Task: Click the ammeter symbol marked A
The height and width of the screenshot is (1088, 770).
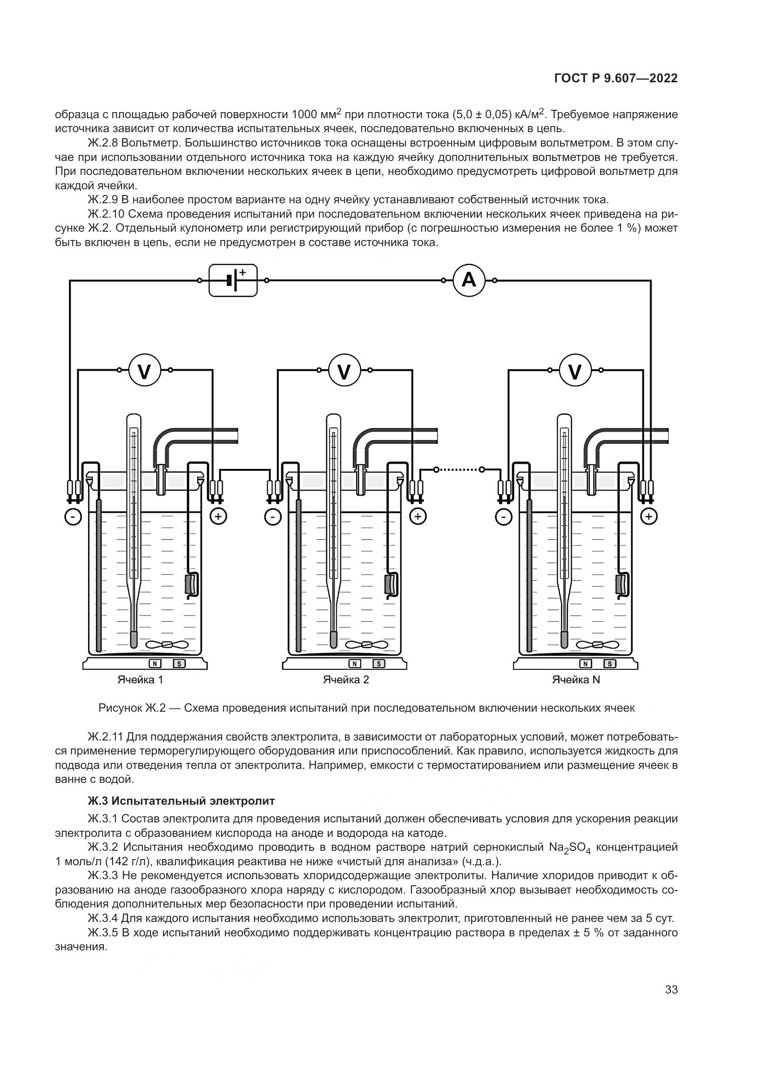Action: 468,280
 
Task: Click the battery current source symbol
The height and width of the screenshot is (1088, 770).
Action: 233,280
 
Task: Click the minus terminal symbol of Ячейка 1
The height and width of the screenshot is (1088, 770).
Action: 73,516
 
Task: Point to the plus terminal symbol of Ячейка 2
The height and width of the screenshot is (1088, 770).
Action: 418,516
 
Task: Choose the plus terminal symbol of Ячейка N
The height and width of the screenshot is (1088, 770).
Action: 648,516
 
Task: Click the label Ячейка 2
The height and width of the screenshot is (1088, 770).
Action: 345,680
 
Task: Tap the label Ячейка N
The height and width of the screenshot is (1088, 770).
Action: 575,680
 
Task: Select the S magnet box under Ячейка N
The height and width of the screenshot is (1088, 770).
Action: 610,664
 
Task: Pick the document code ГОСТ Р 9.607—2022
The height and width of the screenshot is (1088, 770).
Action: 615,79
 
